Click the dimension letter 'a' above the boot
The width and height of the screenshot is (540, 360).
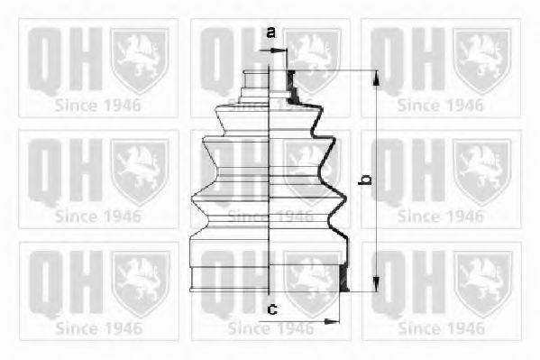tap(270, 33)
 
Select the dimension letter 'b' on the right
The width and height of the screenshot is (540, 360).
tap(365, 180)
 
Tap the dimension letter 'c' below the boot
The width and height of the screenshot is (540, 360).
tap(270, 310)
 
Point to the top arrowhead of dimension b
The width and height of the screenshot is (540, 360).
tap(377, 75)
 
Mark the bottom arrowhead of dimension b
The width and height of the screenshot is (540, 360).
tap(377, 286)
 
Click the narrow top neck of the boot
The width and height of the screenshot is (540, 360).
tap(270, 81)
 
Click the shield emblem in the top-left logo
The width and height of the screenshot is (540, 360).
tap(139, 58)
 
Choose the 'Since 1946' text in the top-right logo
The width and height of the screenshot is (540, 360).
tap(441, 104)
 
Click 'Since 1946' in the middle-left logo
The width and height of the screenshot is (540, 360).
tap(98, 216)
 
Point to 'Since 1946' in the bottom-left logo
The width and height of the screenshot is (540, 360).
tap(98, 328)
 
